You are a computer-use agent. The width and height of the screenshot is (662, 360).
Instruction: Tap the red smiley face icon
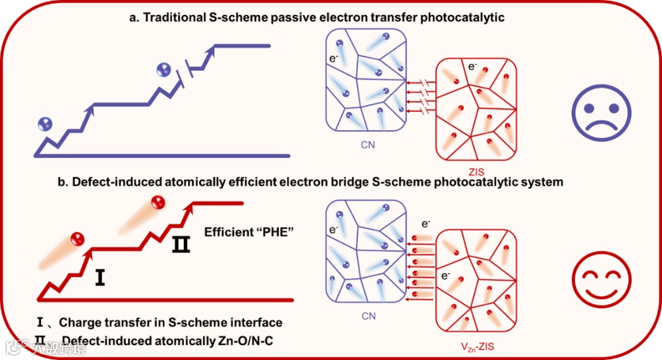point(601,280)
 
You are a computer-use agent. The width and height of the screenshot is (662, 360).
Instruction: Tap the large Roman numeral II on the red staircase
point(181,245)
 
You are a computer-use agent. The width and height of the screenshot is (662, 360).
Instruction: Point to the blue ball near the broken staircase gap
point(164,69)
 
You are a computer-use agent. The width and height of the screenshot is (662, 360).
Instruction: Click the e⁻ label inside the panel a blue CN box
point(333,61)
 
